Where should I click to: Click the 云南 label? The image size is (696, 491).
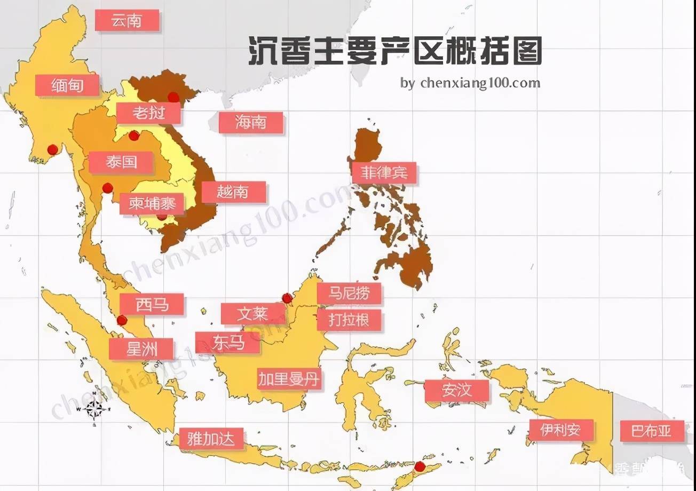coord(127,20)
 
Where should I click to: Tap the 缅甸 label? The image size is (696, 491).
coord(67,85)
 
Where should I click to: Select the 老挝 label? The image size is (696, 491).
coord(149,113)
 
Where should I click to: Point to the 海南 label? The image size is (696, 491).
coord(251,123)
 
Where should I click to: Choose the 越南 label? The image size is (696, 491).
coord(233,192)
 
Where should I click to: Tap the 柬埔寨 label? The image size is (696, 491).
coord(152,203)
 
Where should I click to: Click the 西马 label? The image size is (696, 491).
coord(152,304)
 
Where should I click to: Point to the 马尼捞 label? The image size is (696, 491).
coord(350,293)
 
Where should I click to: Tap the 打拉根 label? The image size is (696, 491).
coord(350,320)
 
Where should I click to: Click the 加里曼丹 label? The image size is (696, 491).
coord(290,379)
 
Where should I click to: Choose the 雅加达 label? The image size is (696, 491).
coord(211,439)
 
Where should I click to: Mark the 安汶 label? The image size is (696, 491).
coord(457,391)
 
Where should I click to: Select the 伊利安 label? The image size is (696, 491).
coord(560,430)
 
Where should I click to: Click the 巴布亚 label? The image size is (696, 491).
coord(652,431)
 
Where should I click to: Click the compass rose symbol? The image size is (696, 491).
coord(94,409)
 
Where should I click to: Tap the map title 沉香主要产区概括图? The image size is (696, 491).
coord(395,52)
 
